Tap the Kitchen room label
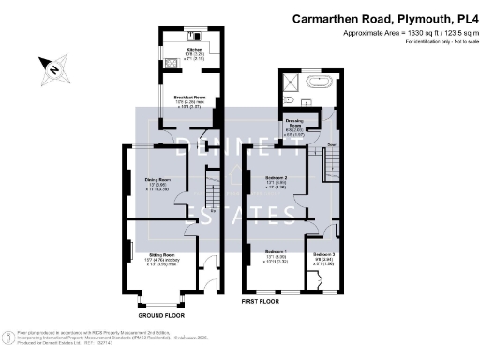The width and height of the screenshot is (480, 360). [194, 49]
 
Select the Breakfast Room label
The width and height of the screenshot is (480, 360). [188, 97]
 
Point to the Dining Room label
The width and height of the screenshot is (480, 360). [157, 180]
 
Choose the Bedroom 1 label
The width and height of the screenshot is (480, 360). [276, 252]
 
